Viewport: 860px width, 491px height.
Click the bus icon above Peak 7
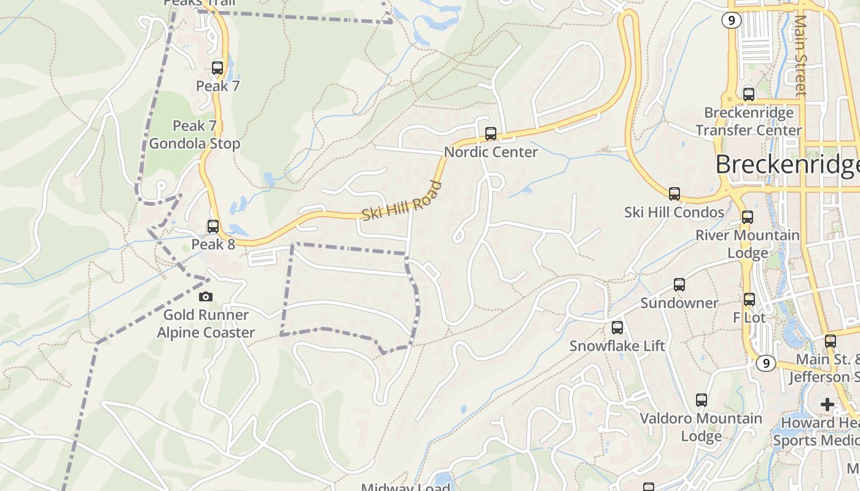pyautogui.click(x=217, y=68)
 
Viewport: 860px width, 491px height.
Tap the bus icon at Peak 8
pyautogui.click(x=213, y=226)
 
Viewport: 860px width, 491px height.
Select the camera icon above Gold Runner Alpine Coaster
pyautogui.click(x=206, y=297)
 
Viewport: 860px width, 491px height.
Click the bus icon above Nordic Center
pyautogui.click(x=490, y=133)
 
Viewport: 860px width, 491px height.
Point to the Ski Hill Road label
pyautogui.click(x=402, y=202)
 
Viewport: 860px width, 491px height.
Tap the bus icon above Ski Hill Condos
pyautogui.click(x=674, y=194)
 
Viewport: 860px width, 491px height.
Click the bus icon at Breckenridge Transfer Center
pyautogui.click(x=748, y=95)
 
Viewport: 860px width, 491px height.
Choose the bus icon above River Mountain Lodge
pyautogui.click(x=748, y=217)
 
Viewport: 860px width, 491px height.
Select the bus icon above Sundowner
pyautogui.click(x=679, y=285)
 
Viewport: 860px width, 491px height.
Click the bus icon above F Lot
pyautogui.click(x=749, y=300)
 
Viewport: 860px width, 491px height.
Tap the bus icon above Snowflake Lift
pyautogui.click(x=617, y=328)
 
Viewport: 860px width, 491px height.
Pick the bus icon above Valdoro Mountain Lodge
pyautogui.click(x=701, y=400)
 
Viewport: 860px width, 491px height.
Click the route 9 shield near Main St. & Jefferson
pyautogui.click(x=765, y=363)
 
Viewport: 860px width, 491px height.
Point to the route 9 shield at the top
pyautogui.click(x=731, y=20)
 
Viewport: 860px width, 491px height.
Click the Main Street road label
pyautogui.click(x=800, y=55)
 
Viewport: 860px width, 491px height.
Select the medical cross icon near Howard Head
pyautogui.click(x=827, y=404)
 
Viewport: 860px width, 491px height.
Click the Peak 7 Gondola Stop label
pyautogui.click(x=195, y=135)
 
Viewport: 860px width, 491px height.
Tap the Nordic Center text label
pyautogui.click(x=491, y=152)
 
